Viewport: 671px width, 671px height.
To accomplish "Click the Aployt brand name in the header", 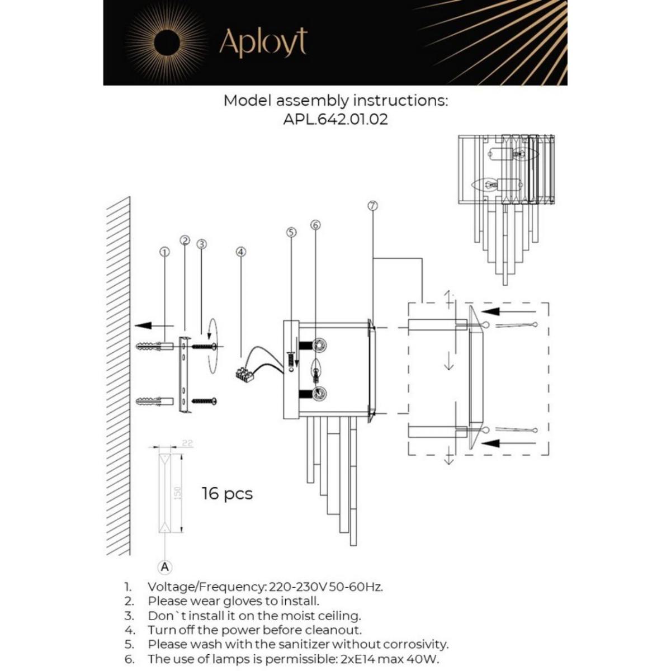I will click(x=263, y=43).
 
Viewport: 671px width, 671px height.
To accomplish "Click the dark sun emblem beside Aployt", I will click(x=166, y=43).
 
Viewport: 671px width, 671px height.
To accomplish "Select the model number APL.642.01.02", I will click(x=335, y=120).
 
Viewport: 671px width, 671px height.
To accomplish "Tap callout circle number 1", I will click(x=164, y=252).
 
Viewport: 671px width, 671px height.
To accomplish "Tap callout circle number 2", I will click(x=185, y=240).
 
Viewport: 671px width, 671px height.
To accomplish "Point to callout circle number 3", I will click(x=202, y=244).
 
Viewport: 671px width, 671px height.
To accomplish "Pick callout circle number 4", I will click(x=241, y=252).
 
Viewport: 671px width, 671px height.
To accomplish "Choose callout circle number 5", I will click(x=291, y=232).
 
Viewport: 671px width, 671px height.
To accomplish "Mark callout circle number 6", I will click(x=315, y=225).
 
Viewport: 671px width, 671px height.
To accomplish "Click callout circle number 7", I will click(x=373, y=205).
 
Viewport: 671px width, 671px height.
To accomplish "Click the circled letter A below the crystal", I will click(x=164, y=567).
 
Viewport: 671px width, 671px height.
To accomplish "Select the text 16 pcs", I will click(x=227, y=494).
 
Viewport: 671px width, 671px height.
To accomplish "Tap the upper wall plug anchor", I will click(x=152, y=347).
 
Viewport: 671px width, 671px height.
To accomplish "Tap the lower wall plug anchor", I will click(x=152, y=401).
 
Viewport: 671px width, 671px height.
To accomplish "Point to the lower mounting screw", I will click(x=204, y=401).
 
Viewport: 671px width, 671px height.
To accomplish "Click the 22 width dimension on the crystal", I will click(x=187, y=443).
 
